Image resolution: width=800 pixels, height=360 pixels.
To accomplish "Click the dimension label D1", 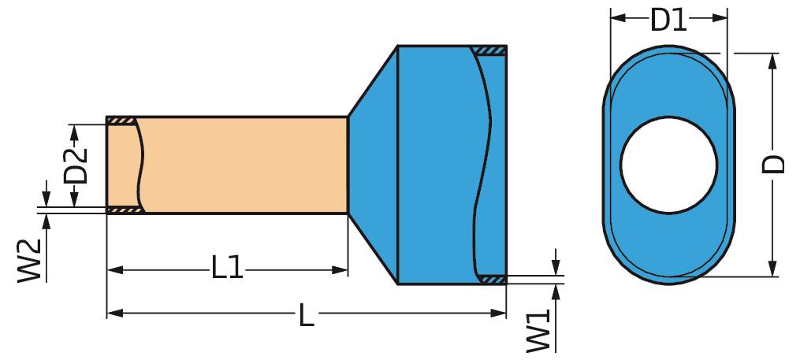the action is coord(668,18).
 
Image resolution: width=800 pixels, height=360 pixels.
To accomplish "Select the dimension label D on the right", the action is coord(776,164).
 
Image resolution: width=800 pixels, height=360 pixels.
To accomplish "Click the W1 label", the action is coord(538,331).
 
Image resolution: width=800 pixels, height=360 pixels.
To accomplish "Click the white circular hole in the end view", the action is coord(668,165).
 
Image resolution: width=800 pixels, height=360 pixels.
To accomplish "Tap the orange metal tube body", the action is coord(244,165).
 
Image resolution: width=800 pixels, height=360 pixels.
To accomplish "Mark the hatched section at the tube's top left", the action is coord(121,121).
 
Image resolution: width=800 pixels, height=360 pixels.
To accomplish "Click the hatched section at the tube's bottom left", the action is coord(124,210).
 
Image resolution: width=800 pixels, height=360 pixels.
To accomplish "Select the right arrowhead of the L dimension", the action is coord(499,314).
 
